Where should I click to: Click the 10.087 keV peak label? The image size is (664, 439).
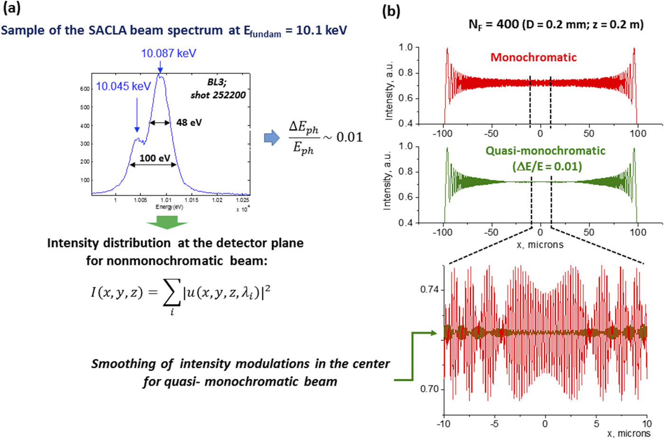click(x=168, y=53)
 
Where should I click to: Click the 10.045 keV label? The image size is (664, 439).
click(x=123, y=86)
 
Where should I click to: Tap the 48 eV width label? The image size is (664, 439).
click(x=189, y=122)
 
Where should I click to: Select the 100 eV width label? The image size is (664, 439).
click(x=155, y=158)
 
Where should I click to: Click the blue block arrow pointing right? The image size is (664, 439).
click(x=272, y=138)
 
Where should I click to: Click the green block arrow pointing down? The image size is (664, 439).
click(x=167, y=222)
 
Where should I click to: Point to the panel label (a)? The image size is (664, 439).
click(x=11, y=8)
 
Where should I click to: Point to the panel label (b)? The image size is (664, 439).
click(x=391, y=10)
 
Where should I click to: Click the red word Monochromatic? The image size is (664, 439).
click(x=533, y=57)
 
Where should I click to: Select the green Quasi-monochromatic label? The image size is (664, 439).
click(x=545, y=151)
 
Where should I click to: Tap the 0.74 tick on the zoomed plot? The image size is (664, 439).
click(x=432, y=290)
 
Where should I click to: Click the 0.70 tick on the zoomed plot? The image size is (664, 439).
click(x=432, y=389)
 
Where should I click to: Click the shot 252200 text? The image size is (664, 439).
click(x=218, y=95)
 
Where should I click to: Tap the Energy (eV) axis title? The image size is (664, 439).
click(x=169, y=207)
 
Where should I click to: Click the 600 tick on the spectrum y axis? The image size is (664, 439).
click(x=85, y=89)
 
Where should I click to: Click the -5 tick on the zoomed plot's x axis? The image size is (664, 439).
click(x=494, y=423)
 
